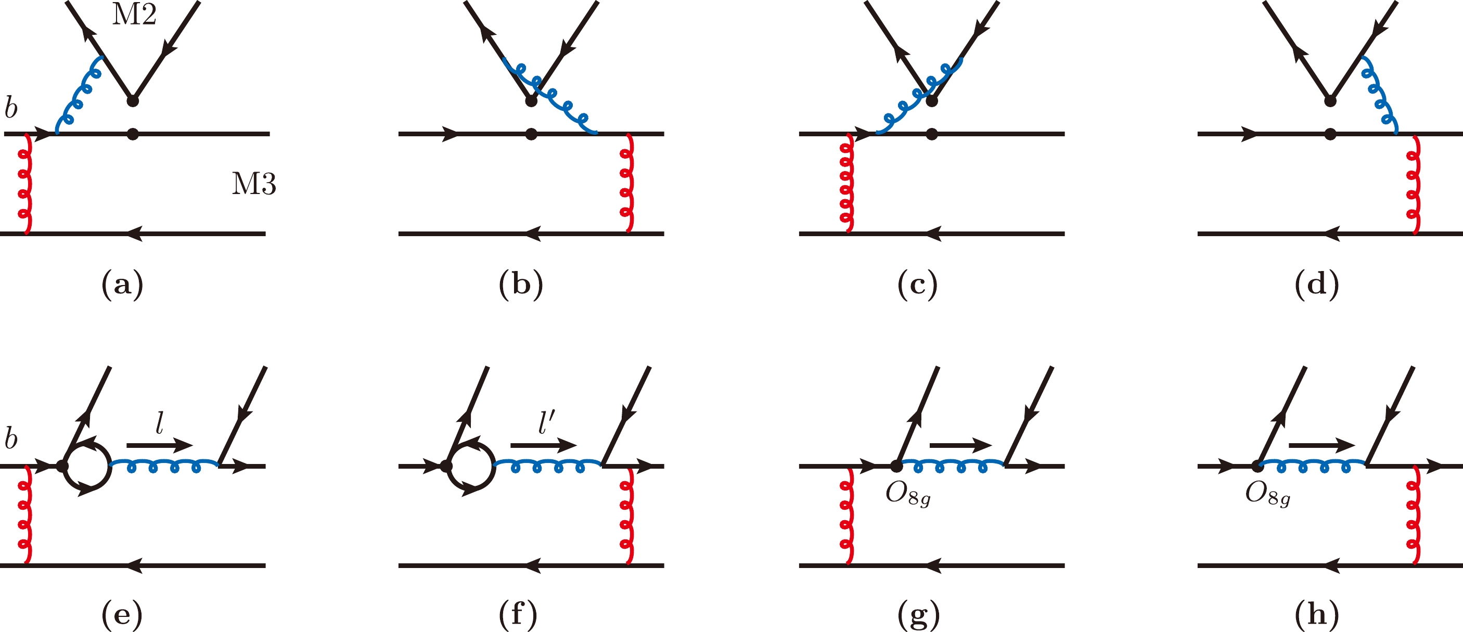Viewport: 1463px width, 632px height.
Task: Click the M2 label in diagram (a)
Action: [134, 14]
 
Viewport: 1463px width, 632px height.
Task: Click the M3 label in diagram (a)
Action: [254, 184]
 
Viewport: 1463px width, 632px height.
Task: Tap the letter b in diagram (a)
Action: [11, 108]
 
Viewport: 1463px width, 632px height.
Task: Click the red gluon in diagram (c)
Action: [846, 184]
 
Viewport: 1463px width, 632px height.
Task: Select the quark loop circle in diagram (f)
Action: [470, 466]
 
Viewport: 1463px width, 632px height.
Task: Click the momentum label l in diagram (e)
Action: [160, 423]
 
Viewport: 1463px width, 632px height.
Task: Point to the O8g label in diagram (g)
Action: [907, 495]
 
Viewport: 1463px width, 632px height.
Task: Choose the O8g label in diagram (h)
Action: [1267, 495]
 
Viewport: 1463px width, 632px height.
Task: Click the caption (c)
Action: [917, 284]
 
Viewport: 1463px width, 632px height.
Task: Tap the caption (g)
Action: [918, 614]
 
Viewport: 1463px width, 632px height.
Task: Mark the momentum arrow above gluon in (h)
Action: [1321, 445]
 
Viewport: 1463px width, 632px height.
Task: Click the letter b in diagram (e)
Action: [11, 439]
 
